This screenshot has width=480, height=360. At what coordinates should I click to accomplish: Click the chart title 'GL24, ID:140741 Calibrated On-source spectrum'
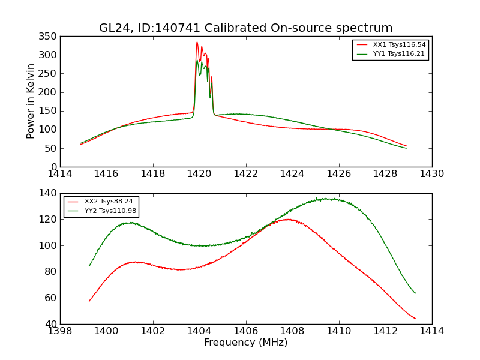(x=245, y=28)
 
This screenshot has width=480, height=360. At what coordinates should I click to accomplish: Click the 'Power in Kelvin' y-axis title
(x=31, y=101)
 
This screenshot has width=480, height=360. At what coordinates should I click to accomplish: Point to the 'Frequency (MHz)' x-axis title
(x=245, y=343)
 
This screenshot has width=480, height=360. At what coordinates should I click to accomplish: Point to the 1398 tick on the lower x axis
(x=60, y=331)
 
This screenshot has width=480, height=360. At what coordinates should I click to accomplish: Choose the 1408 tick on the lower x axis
(x=292, y=331)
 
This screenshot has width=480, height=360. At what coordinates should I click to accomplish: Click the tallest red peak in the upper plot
(x=197, y=42)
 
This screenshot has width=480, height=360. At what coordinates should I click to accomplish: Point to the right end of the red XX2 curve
(x=415, y=319)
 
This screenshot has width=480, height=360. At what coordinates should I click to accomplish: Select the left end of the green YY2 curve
(x=89, y=266)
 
